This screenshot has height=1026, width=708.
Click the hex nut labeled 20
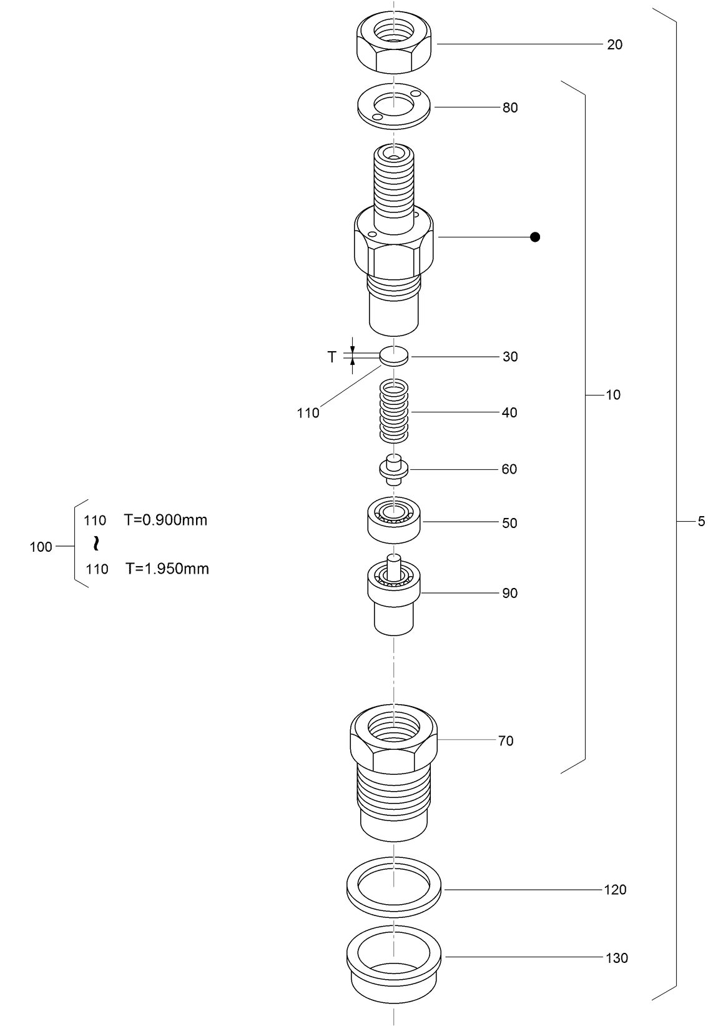[394, 44]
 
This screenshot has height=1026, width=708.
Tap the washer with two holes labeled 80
[394, 107]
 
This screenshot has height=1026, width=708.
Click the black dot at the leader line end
[534, 237]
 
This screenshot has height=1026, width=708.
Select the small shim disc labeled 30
[394, 356]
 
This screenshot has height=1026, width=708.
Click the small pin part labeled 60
[393, 469]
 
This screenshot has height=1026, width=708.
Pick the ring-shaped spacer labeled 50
[393, 521]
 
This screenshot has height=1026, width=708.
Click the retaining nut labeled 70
[393, 769]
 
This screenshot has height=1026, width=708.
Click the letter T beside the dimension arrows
[332, 357]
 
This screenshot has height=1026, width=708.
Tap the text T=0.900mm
[165, 520]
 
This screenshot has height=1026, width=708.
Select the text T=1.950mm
[167, 569]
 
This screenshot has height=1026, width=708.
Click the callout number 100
[41, 547]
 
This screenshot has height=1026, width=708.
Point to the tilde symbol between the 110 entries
[96, 544]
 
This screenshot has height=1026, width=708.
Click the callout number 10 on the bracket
[613, 395]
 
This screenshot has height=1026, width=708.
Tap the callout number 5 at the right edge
[701, 521]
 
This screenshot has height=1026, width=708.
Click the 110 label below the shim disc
[308, 413]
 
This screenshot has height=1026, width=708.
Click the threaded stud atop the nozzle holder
[393, 181]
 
